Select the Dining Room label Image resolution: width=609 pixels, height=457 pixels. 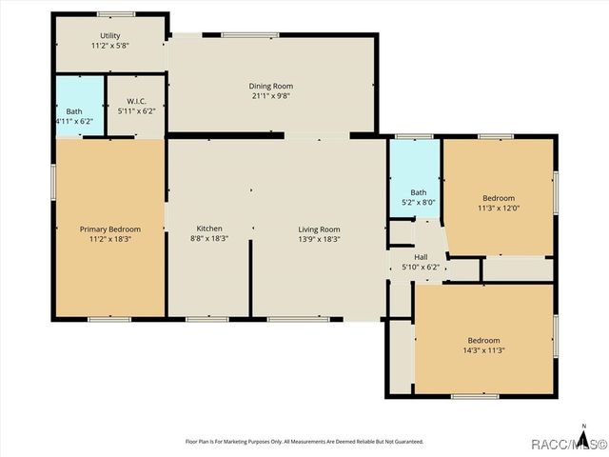(271, 87)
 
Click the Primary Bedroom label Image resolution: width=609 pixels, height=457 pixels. (110, 229)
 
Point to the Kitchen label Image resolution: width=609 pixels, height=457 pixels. (209, 229)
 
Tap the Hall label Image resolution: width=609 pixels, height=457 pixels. (421, 258)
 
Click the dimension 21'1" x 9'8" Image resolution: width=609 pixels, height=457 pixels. (271, 96)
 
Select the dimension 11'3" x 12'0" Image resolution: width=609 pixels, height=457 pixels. (498, 208)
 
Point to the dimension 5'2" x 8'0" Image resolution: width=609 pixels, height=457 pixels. (419, 202)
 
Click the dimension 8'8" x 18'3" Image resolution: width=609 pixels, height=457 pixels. (209, 239)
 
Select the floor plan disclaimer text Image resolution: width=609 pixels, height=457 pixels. (304, 442)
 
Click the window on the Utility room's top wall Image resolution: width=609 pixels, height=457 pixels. (115, 14)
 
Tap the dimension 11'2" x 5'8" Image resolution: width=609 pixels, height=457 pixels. (111, 46)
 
